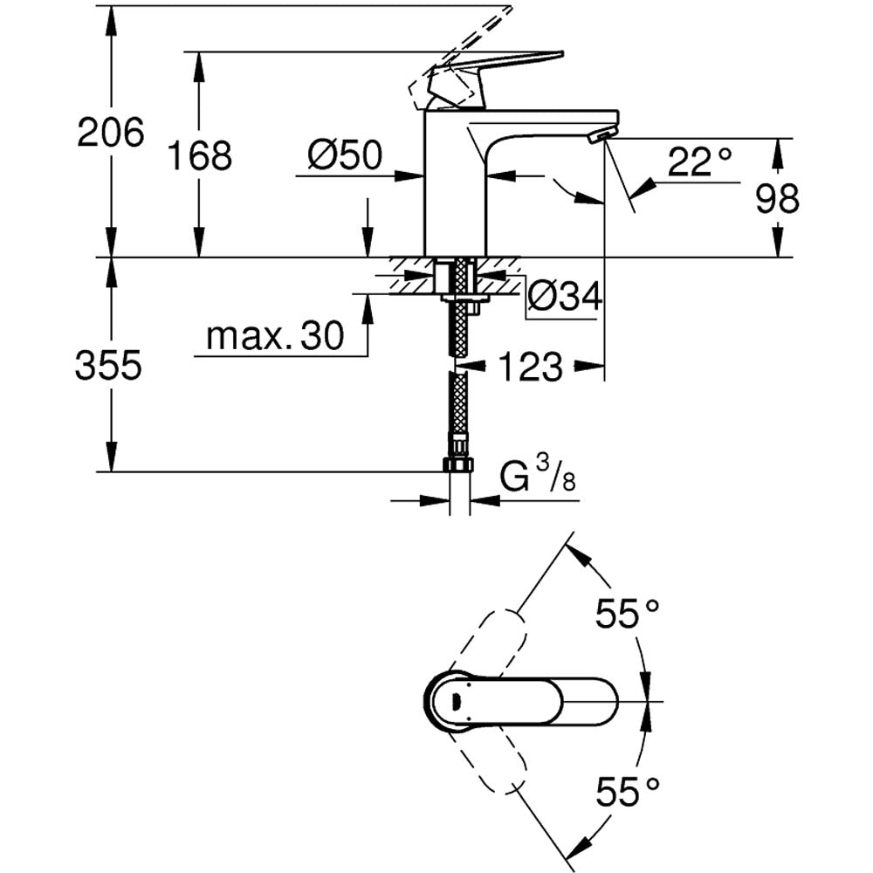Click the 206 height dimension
pos(110,133)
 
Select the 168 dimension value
pos(200,156)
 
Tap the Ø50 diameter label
pos(346,156)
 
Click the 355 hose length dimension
pos(108,366)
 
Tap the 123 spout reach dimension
pos(532,368)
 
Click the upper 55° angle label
pos(627,615)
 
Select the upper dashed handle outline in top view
pos(493,642)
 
